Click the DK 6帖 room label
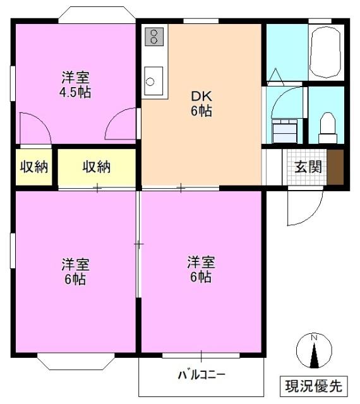201,105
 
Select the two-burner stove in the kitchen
153,36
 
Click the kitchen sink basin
151,80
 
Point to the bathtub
327,52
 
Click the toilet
327,127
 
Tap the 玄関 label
308,167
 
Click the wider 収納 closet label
97,167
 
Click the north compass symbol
314,351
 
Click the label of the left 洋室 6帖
75,271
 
